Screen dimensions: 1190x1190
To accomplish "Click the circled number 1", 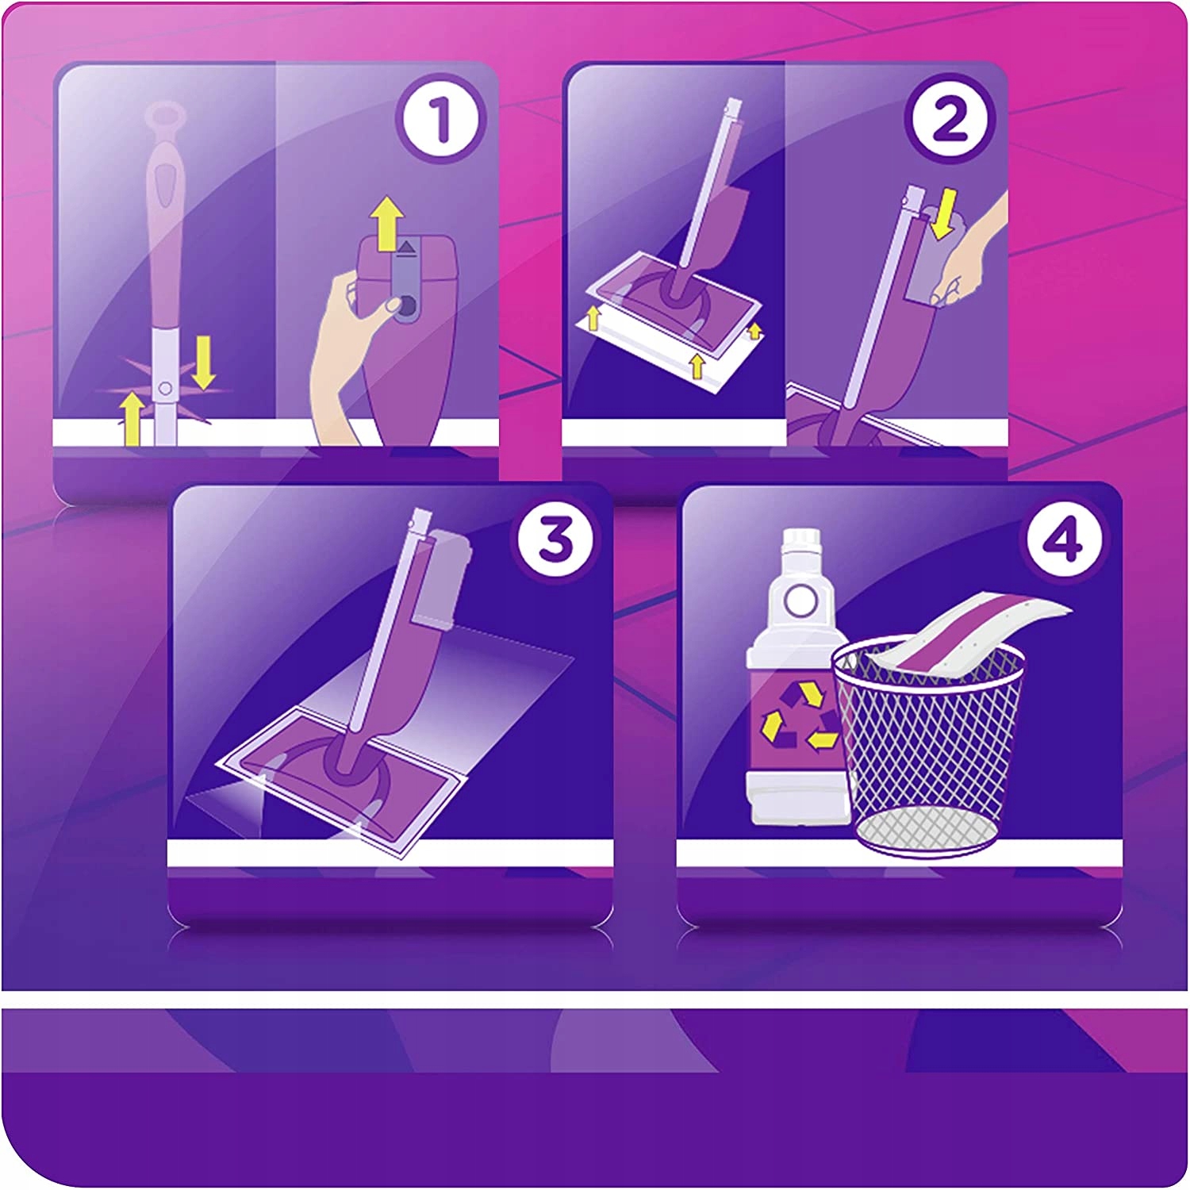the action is pos(440,120).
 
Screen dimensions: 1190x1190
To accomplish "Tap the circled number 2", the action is pos(949,120).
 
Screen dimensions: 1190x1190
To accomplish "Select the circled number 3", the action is pos(555,539).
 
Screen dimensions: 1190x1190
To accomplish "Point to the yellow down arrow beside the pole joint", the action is pos(204,362).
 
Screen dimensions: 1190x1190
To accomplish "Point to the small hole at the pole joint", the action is pos(164,388).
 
